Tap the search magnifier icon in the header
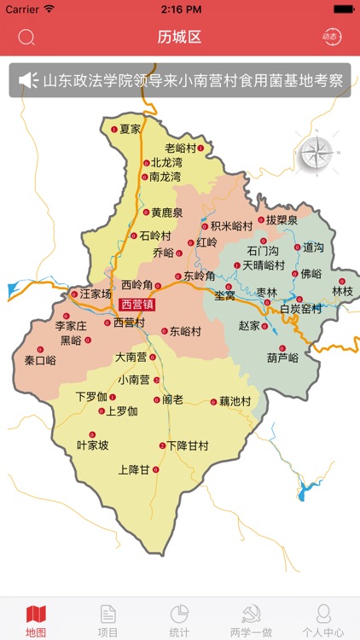pyautogui.click(x=26, y=37)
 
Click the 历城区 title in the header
pyautogui.click(x=180, y=37)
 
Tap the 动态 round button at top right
pyautogui.click(x=330, y=37)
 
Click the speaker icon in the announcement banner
pyautogui.click(x=28, y=80)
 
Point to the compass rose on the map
pyautogui.click(x=316, y=153)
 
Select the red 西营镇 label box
pyautogui.click(x=137, y=305)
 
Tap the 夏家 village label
pyautogui.click(x=129, y=129)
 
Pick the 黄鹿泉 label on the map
pyautogui.click(x=167, y=212)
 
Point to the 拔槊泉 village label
pyautogui.click(x=282, y=219)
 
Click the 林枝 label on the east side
pyautogui.click(x=342, y=291)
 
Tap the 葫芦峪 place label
pyautogui.click(x=282, y=358)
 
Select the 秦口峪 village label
pyautogui.click(x=40, y=360)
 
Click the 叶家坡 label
pyautogui.click(x=92, y=445)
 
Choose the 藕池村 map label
pyautogui.click(x=235, y=400)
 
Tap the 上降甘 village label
pyautogui.click(x=134, y=469)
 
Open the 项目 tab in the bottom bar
pyautogui.click(x=108, y=620)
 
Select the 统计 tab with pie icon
pyautogui.click(x=179, y=620)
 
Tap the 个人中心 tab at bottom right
pyautogui.click(x=323, y=620)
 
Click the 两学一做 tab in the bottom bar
pyautogui.click(x=251, y=620)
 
